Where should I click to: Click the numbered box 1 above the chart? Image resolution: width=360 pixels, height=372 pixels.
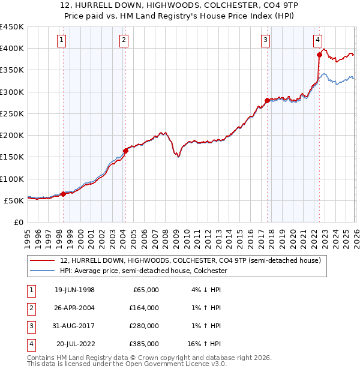tap(63, 40)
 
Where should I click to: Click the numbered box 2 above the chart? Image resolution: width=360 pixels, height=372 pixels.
tap(124, 40)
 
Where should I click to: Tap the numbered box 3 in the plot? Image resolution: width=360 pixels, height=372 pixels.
tap(265, 40)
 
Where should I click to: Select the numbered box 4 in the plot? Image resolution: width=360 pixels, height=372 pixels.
tap(317, 40)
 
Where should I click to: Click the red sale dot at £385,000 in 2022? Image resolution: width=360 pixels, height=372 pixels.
tap(319, 55)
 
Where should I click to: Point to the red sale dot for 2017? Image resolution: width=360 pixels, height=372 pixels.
tap(268, 100)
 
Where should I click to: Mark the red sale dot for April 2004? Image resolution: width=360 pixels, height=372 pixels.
tap(126, 151)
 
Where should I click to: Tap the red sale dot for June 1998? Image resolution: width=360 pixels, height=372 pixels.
tap(64, 194)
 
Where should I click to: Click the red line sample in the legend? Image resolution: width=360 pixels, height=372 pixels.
tap(43, 260)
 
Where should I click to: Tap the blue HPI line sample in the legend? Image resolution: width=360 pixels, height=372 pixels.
tap(43, 271)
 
